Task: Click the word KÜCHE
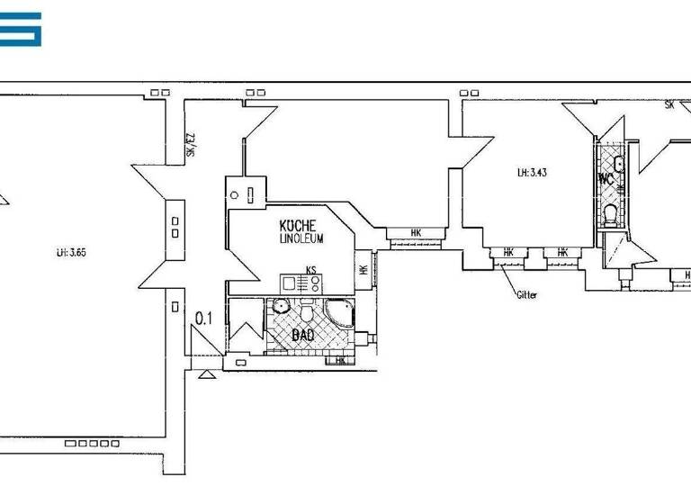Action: pyautogui.click(x=297, y=226)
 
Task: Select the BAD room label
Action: pyautogui.click(x=302, y=335)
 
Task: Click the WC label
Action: pyautogui.click(x=606, y=178)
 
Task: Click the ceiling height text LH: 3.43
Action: pyautogui.click(x=532, y=172)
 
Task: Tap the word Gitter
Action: pyautogui.click(x=526, y=294)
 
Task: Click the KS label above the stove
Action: pyautogui.click(x=311, y=269)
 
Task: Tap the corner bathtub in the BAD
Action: pyautogui.click(x=343, y=315)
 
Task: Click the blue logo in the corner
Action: pyautogui.click(x=21, y=29)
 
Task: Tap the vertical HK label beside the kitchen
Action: pyautogui.click(x=363, y=269)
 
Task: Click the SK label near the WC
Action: pyautogui.click(x=669, y=105)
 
